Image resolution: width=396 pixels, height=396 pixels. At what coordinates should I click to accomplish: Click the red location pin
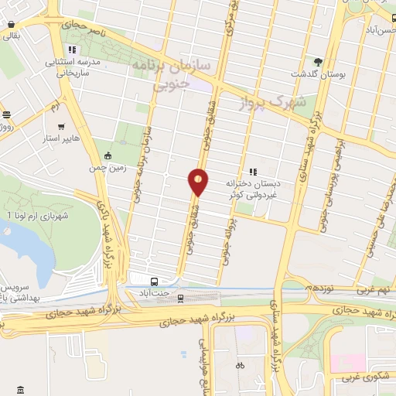[199, 180]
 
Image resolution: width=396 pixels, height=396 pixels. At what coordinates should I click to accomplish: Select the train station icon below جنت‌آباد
[181, 297]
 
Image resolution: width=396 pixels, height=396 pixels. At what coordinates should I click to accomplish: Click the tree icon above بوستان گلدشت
[318, 61]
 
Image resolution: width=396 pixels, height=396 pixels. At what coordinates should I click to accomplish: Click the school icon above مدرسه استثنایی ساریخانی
[73, 51]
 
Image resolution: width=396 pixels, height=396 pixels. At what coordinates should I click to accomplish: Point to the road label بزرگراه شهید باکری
[109, 232]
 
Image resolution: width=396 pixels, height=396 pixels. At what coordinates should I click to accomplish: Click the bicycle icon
[240, 364]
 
